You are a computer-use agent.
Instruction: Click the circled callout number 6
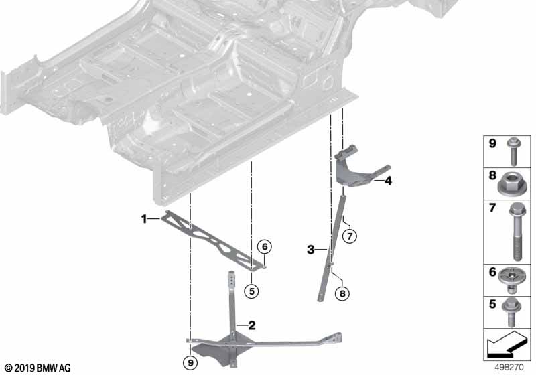[x=265, y=246]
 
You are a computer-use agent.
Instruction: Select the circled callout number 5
[x=252, y=291]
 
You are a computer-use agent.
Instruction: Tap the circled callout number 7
[x=349, y=236]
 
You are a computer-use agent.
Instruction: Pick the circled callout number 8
[x=342, y=293]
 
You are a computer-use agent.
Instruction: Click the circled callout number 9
[x=190, y=362]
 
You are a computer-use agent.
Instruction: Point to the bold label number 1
[x=144, y=219]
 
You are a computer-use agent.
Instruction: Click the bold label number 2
[x=252, y=325]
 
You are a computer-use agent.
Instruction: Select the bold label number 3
[x=310, y=250]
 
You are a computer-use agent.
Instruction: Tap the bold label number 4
[x=388, y=181]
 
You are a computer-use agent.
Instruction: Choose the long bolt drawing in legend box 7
[x=517, y=232]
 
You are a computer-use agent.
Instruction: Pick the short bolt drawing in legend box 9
[x=513, y=151]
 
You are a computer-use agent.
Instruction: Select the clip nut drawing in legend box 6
[x=511, y=280]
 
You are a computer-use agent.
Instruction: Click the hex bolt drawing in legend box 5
[x=511, y=312]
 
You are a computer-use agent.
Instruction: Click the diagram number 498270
[x=509, y=367]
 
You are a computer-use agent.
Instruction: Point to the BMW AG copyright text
[x=38, y=368]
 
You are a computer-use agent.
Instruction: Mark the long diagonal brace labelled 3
[x=332, y=248]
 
